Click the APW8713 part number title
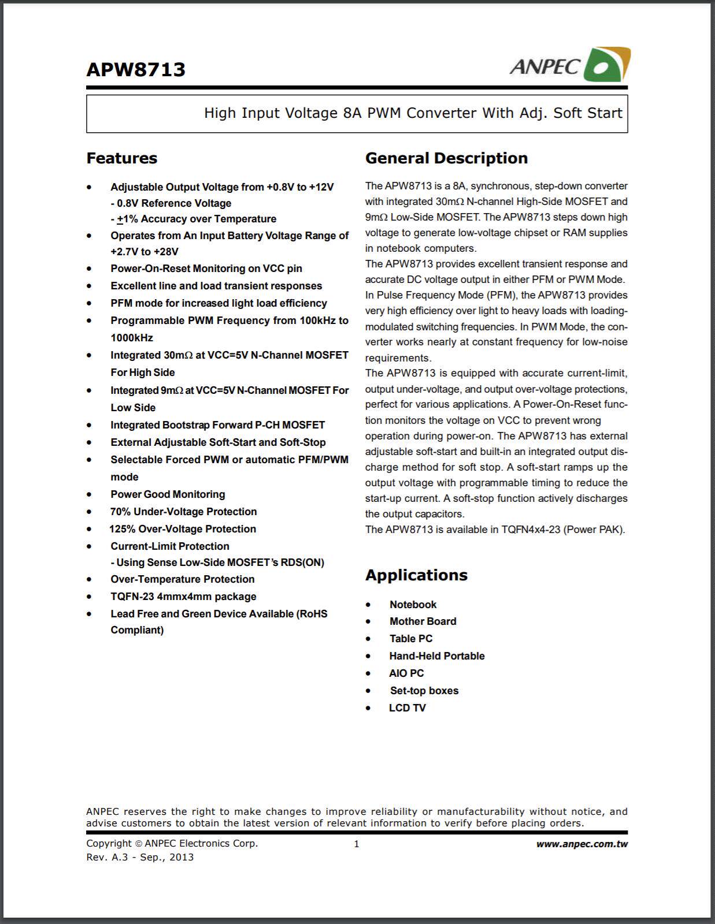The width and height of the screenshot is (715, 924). pyautogui.click(x=136, y=70)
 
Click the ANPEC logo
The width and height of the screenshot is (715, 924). pyautogui.click(x=569, y=65)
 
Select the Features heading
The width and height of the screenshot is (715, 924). pyautogui.click(x=122, y=158)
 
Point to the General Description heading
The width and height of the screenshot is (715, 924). pyautogui.click(x=446, y=158)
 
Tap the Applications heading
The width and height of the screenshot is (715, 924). pyautogui.click(x=416, y=575)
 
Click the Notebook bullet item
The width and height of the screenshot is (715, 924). pyautogui.click(x=413, y=605)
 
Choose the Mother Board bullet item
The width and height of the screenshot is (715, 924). pyautogui.click(x=423, y=621)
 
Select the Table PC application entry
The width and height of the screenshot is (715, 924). pyautogui.click(x=410, y=639)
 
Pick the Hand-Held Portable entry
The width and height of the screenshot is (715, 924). pyautogui.click(x=436, y=656)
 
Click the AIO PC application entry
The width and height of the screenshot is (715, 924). pyautogui.click(x=406, y=673)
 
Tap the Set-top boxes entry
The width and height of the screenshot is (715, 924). pyautogui.click(x=424, y=691)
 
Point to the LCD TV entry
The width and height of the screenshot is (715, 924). pyautogui.click(x=407, y=708)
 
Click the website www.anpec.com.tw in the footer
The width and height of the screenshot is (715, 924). pyautogui.click(x=581, y=844)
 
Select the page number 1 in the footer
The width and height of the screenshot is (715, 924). pyautogui.click(x=357, y=844)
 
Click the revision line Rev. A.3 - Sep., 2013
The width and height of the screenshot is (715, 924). pyautogui.click(x=140, y=857)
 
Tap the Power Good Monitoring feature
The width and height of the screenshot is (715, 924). pyautogui.click(x=168, y=494)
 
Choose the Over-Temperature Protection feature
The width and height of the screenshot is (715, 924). pyautogui.click(x=182, y=579)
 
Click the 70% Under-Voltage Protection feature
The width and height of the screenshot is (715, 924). pyautogui.click(x=183, y=512)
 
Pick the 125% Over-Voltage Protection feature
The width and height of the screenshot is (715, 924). pyautogui.click(x=183, y=529)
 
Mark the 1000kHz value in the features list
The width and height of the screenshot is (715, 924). pyautogui.click(x=132, y=338)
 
